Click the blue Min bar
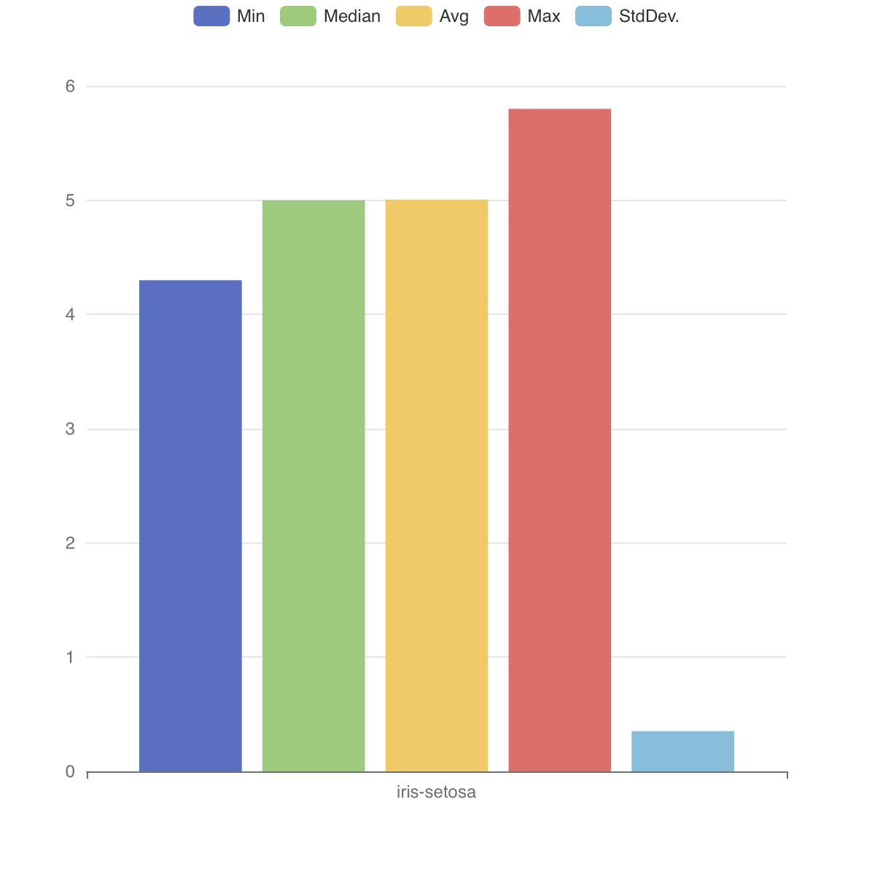click(x=190, y=525)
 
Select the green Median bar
click(x=314, y=486)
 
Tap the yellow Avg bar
click(x=436, y=486)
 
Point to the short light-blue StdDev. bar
click(x=682, y=751)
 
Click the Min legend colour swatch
click(x=211, y=16)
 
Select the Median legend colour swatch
click(x=298, y=16)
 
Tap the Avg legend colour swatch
click(x=414, y=16)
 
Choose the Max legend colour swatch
click(x=502, y=16)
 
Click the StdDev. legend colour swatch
click(x=593, y=16)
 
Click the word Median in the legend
click(x=352, y=16)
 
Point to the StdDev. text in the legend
click(x=649, y=16)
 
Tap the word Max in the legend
click(x=544, y=16)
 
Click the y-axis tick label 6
click(x=70, y=87)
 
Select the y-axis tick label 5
click(x=70, y=201)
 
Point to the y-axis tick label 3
click(x=70, y=429)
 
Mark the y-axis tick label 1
click(x=70, y=657)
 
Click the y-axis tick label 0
click(x=70, y=771)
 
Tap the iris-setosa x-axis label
click(x=436, y=793)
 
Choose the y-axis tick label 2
click(x=70, y=543)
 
